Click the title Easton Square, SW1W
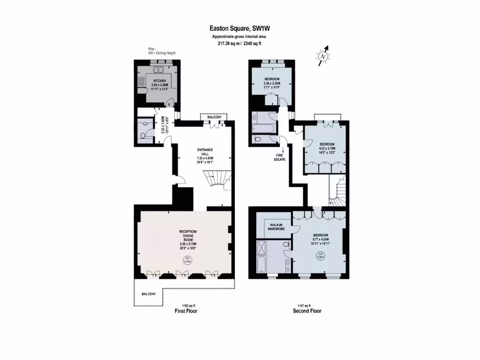tap(240, 29)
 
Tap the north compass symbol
tap(323, 56)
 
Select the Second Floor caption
tap(307, 311)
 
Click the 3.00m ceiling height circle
tap(321, 255)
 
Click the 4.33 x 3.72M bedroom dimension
tap(327, 148)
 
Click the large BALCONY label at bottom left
tap(149, 294)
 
